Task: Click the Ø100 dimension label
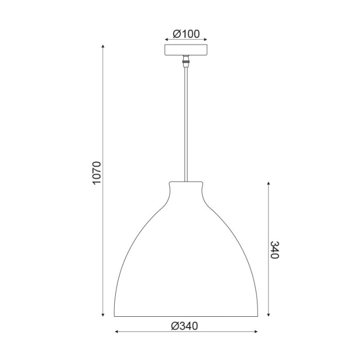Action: click(186, 34)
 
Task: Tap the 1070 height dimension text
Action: click(98, 174)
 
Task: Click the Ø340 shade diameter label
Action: click(184, 325)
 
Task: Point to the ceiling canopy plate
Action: click(185, 50)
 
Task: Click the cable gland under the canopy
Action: click(185, 63)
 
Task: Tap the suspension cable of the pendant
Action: click(185, 123)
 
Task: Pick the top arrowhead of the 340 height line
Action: click(267, 182)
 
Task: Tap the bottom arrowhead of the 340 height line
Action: click(267, 314)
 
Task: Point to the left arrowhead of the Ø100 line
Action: click(166, 40)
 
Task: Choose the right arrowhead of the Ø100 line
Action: click(205, 40)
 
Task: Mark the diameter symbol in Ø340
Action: click(174, 325)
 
